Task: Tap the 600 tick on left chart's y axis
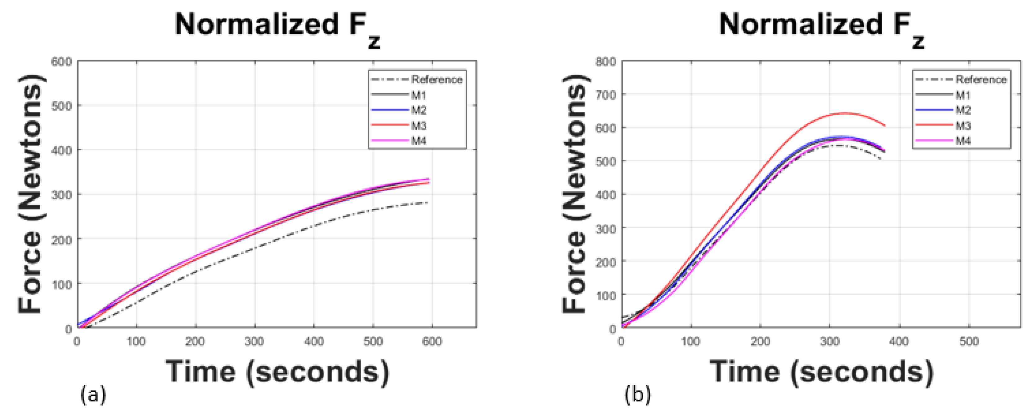61,62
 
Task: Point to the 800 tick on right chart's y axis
605,62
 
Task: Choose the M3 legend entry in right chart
963,125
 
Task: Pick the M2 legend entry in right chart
963,110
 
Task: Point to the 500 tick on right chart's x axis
969,342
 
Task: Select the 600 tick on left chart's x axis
432,342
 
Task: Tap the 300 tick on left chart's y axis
61,195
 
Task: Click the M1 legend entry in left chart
418,95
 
